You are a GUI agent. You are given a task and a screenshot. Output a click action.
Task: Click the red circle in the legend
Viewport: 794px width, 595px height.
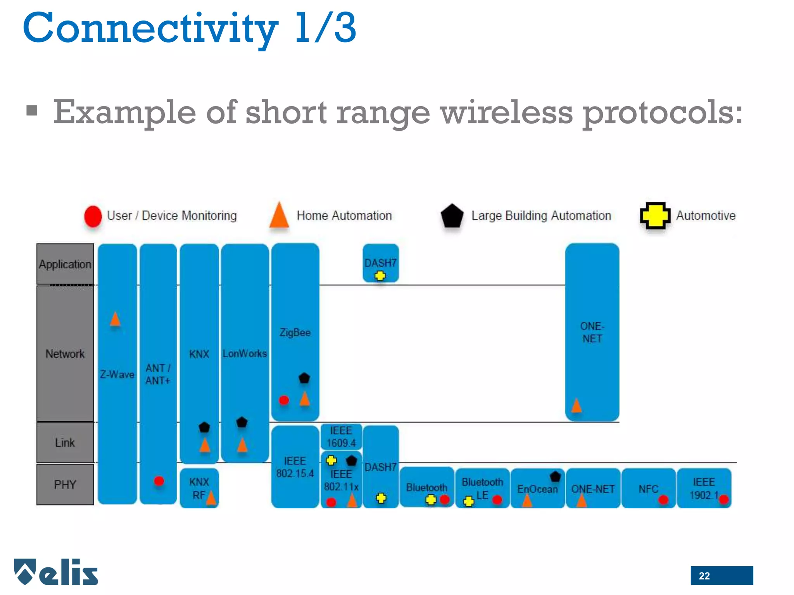[x=93, y=216]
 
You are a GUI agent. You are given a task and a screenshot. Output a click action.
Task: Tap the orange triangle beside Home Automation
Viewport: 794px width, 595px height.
[x=279, y=216]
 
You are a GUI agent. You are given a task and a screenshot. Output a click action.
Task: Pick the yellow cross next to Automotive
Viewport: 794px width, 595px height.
[x=655, y=216]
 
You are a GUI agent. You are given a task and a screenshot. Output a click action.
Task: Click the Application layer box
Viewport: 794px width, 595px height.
[x=65, y=264]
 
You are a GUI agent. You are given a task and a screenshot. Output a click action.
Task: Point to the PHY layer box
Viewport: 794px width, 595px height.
[x=65, y=484]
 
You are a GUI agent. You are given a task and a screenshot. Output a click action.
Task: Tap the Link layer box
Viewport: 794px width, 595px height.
[x=65, y=442]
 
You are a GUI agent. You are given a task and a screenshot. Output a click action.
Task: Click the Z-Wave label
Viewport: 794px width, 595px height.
[x=117, y=375]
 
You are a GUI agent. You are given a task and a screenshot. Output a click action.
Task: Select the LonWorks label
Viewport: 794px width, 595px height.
[x=245, y=354]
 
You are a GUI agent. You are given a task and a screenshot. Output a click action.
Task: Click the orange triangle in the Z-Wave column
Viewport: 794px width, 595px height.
[x=115, y=320]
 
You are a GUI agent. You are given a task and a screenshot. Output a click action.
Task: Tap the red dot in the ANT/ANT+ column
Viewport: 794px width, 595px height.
[x=159, y=481]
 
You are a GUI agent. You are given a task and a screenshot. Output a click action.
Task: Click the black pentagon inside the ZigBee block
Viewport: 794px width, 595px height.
[x=304, y=378]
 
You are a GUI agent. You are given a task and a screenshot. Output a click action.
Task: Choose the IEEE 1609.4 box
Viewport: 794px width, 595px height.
[x=341, y=437]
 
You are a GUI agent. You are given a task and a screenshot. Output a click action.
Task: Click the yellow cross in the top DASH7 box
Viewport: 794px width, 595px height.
[x=380, y=276]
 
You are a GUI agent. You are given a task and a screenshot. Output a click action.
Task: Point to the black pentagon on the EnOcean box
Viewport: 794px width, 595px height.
[x=555, y=476]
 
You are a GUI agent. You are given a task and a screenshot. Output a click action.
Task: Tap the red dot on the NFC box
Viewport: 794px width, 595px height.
[x=663, y=500]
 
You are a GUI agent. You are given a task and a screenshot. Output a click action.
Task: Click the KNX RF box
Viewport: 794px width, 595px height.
[x=199, y=488]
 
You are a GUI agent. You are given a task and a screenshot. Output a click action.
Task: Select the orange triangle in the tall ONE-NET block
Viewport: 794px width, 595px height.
[x=577, y=406]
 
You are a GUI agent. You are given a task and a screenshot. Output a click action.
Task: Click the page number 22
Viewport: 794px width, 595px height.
[x=704, y=576]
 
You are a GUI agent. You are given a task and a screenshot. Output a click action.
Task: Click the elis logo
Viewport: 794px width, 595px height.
[x=57, y=572]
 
